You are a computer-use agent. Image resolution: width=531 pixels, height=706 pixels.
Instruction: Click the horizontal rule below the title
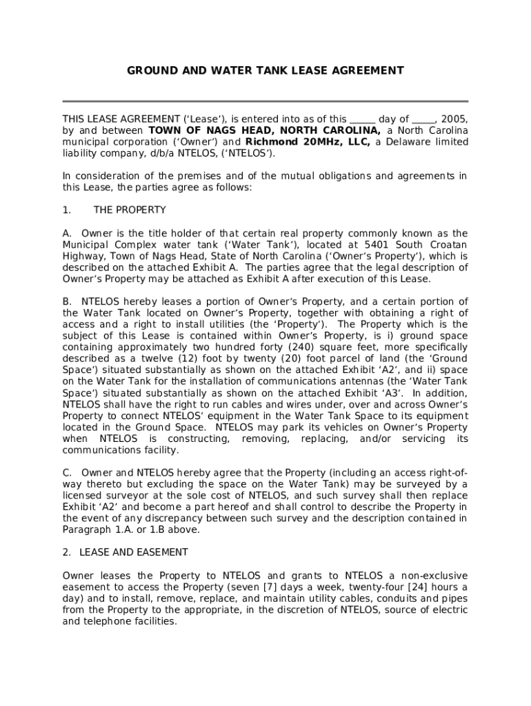(x=265, y=101)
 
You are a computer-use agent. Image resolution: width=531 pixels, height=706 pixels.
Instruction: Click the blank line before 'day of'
(x=363, y=119)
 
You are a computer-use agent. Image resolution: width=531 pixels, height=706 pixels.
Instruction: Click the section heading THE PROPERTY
(x=130, y=210)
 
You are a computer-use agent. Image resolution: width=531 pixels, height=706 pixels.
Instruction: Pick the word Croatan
(x=450, y=245)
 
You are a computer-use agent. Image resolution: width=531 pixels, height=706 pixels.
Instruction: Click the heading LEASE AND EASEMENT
(x=134, y=552)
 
